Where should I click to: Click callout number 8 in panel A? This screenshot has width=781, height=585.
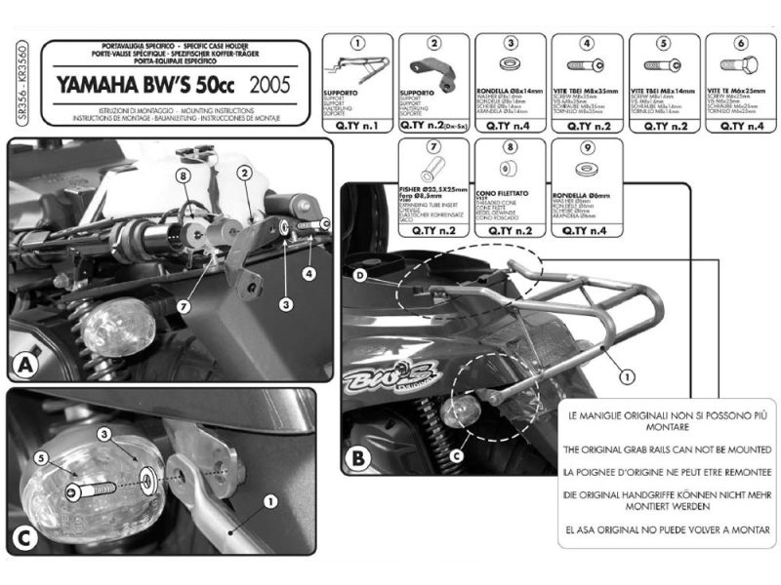click(x=182, y=175)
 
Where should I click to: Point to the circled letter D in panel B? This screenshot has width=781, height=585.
click(x=360, y=278)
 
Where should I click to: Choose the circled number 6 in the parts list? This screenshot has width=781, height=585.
click(x=741, y=44)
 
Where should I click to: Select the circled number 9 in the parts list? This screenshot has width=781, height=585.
click(x=588, y=148)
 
